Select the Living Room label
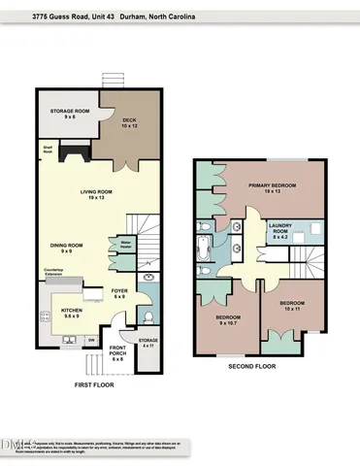pyautogui.click(x=96, y=195)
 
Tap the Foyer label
pyautogui.click(x=117, y=291)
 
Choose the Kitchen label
pyautogui.click(x=63, y=313)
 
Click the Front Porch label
pyautogui.click(x=118, y=353)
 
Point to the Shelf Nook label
pyautogui.click(x=47, y=150)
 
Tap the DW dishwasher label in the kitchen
pyautogui.click(x=91, y=340)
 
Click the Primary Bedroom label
pyautogui.click(x=271, y=187)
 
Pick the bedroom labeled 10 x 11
pyautogui.click(x=291, y=306)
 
